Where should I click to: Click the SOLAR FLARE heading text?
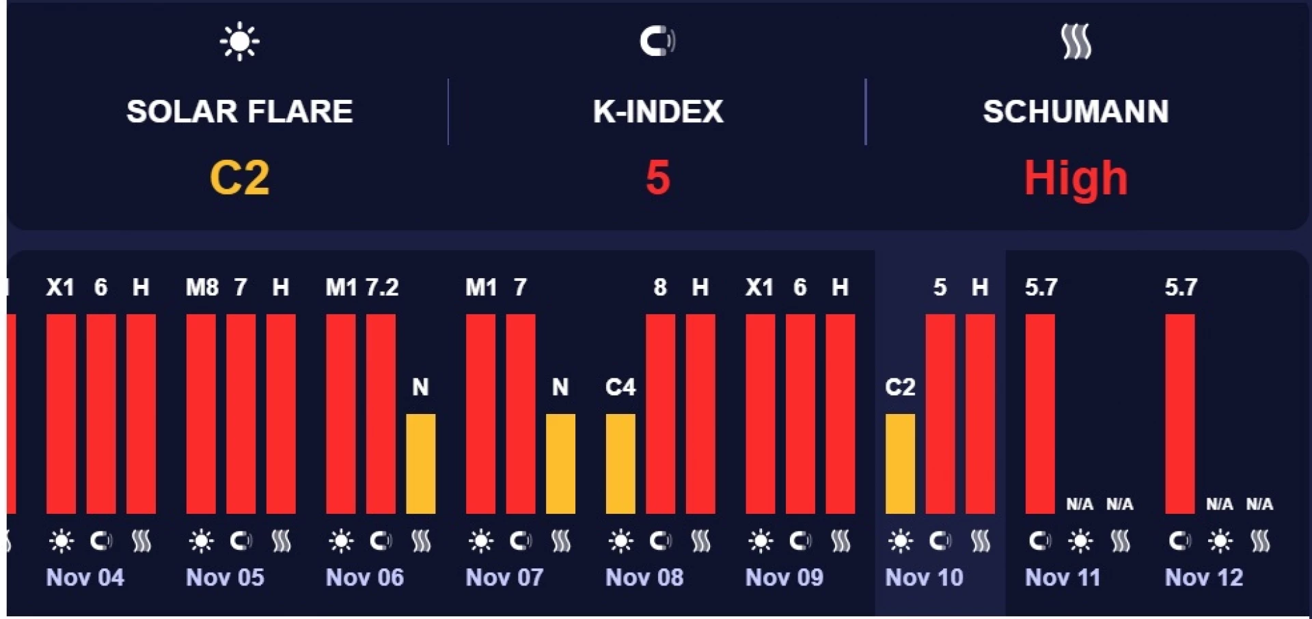click(x=239, y=111)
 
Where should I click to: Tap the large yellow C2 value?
click(x=239, y=178)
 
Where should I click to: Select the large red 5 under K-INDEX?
click(x=657, y=178)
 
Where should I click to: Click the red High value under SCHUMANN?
click(x=1076, y=178)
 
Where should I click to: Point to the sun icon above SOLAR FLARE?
click(x=239, y=42)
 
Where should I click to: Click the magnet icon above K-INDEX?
click(x=657, y=41)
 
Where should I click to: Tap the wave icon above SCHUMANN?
click(x=1076, y=42)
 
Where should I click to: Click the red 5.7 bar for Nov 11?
click(x=1040, y=413)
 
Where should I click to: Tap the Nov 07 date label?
click(x=504, y=577)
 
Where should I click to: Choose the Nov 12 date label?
click(x=1203, y=577)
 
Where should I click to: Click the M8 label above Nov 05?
click(x=202, y=287)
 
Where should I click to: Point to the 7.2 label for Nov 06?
click(x=382, y=287)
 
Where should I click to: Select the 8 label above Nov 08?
click(x=660, y=287)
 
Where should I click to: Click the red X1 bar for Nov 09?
click(x=760, y=413)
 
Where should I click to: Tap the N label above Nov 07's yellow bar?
click(x=560, y=387)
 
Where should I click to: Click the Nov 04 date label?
click(x=85, y=577)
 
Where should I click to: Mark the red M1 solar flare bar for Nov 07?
click(x=480, y=413)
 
